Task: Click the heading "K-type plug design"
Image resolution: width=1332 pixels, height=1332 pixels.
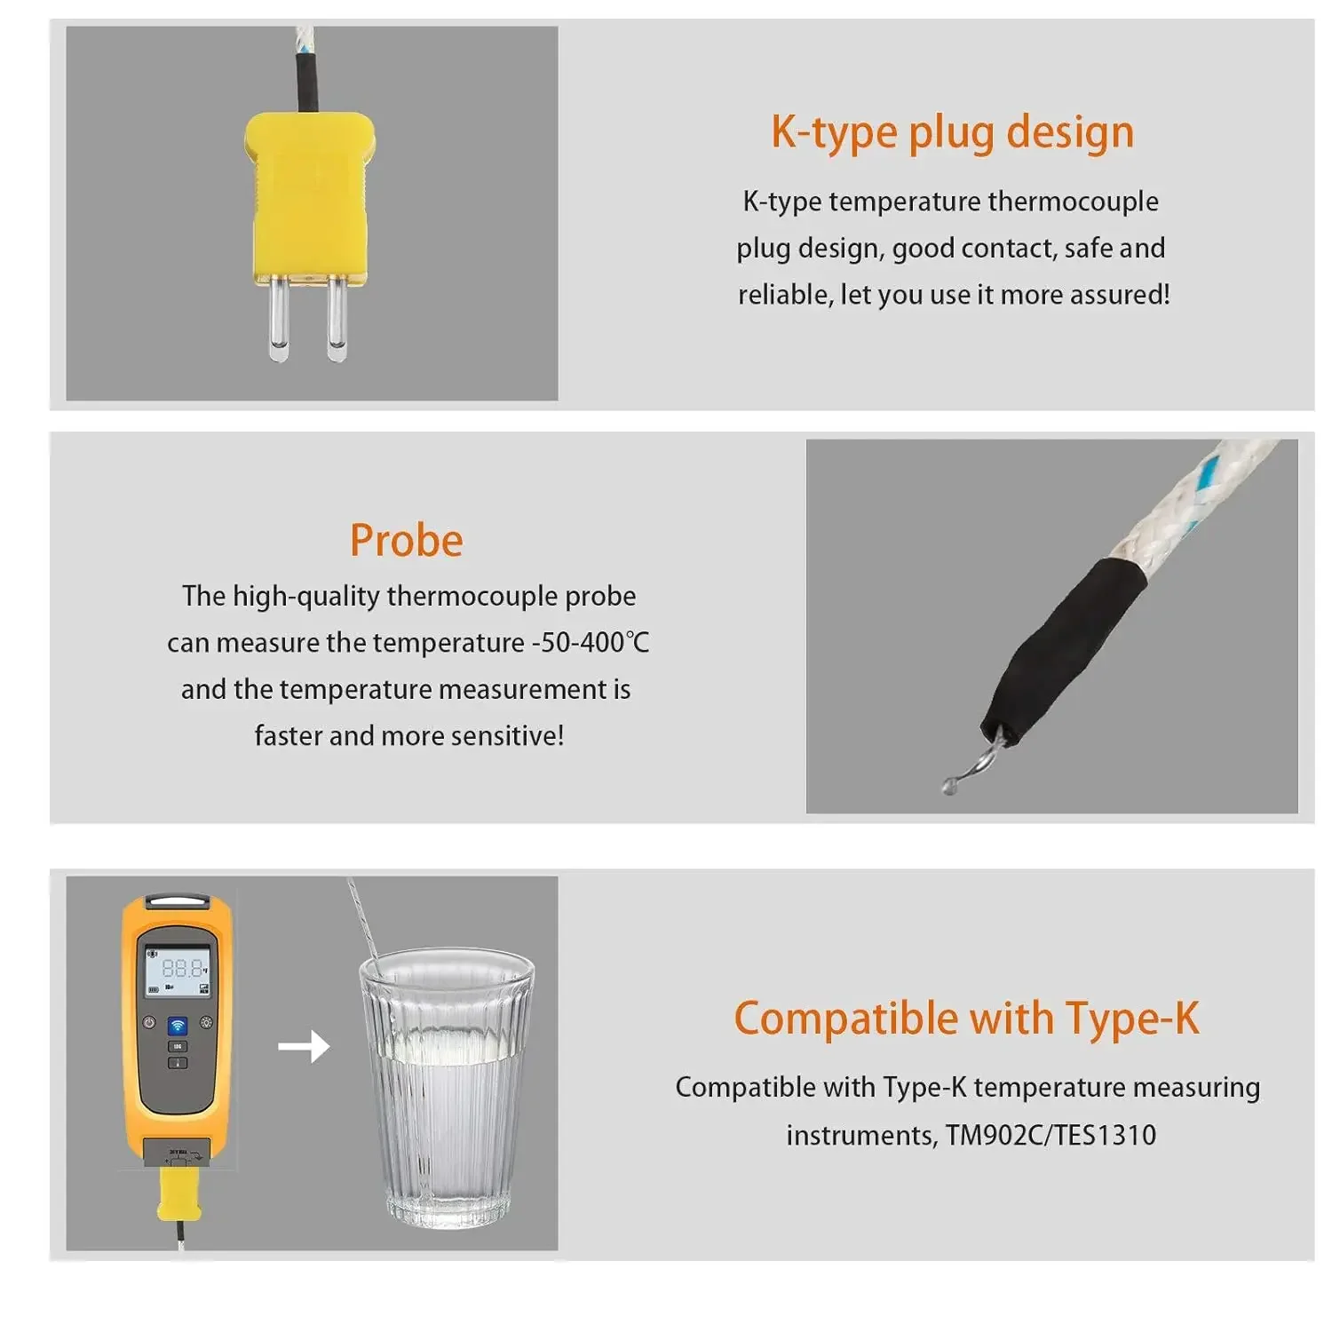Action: (952, 132)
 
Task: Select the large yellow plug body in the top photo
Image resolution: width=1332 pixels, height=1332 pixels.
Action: (309, 195)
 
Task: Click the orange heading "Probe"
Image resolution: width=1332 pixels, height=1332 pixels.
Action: (407, 540)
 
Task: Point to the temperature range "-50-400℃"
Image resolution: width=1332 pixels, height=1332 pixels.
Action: (590, 642)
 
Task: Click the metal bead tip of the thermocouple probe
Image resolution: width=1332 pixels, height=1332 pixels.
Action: (950, 785)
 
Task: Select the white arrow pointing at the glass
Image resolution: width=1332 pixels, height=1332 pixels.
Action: (304, 1046)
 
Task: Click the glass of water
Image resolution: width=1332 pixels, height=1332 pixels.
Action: (447, 1092)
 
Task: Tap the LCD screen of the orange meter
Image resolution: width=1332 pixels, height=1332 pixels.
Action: (178, 971)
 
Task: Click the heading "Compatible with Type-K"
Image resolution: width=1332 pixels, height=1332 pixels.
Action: (966, 1018)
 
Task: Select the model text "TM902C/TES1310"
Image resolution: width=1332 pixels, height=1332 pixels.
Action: (1051, 1135)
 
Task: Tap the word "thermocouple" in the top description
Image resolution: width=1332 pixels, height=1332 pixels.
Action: (1073, 202)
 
